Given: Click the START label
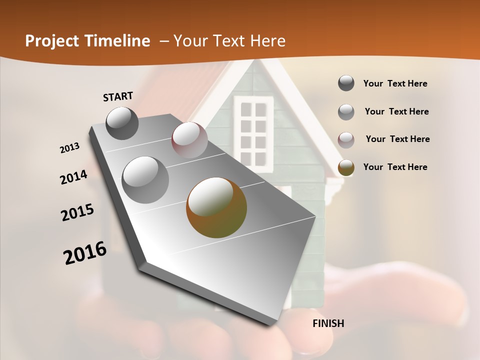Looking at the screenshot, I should tap(118, 96).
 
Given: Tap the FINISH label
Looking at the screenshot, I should tap(328, 323).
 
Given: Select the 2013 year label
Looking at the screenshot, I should tap(70, 148).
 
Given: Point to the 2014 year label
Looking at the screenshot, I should tap(73, 177).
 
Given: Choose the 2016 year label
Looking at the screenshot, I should tap(85, 253).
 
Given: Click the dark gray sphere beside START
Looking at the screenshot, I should tap(122, 123).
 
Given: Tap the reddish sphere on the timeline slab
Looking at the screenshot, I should tap(189, 140).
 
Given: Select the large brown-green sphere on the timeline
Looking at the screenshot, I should tap(216, 207).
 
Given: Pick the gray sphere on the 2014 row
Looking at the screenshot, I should tap(145, 179).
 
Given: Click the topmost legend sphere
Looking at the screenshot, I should tap(346, 83).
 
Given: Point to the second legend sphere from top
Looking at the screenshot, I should tap(346, 112).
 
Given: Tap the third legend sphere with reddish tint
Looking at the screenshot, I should tap(346, 140).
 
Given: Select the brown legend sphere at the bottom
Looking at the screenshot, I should tap(346, 167).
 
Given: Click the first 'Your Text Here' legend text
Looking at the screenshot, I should tap(395, 83).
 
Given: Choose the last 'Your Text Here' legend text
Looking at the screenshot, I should tap(395, 167).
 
